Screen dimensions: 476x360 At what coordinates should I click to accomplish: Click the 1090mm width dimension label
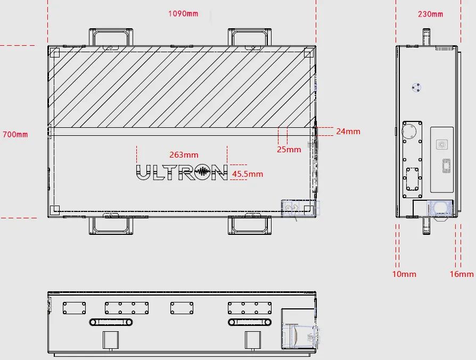tap(183, 14)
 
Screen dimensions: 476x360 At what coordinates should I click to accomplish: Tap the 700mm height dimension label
tap(15, 134)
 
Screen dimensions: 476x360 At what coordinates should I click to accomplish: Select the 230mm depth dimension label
tap(430, 14)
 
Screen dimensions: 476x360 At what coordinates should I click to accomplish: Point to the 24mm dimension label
tap(348, 132)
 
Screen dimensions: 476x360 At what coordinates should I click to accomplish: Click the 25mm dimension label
tap(289, 149)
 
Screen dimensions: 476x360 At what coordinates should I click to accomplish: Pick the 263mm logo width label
tap(184, 155)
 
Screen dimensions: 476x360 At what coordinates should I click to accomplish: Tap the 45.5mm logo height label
tap(248, 174)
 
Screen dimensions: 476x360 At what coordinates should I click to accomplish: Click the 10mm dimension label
tap(404, 274)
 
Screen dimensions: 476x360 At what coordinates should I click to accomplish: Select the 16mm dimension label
tap(462, 274)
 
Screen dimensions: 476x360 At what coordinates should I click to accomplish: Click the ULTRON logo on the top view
tap(182, 173)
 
